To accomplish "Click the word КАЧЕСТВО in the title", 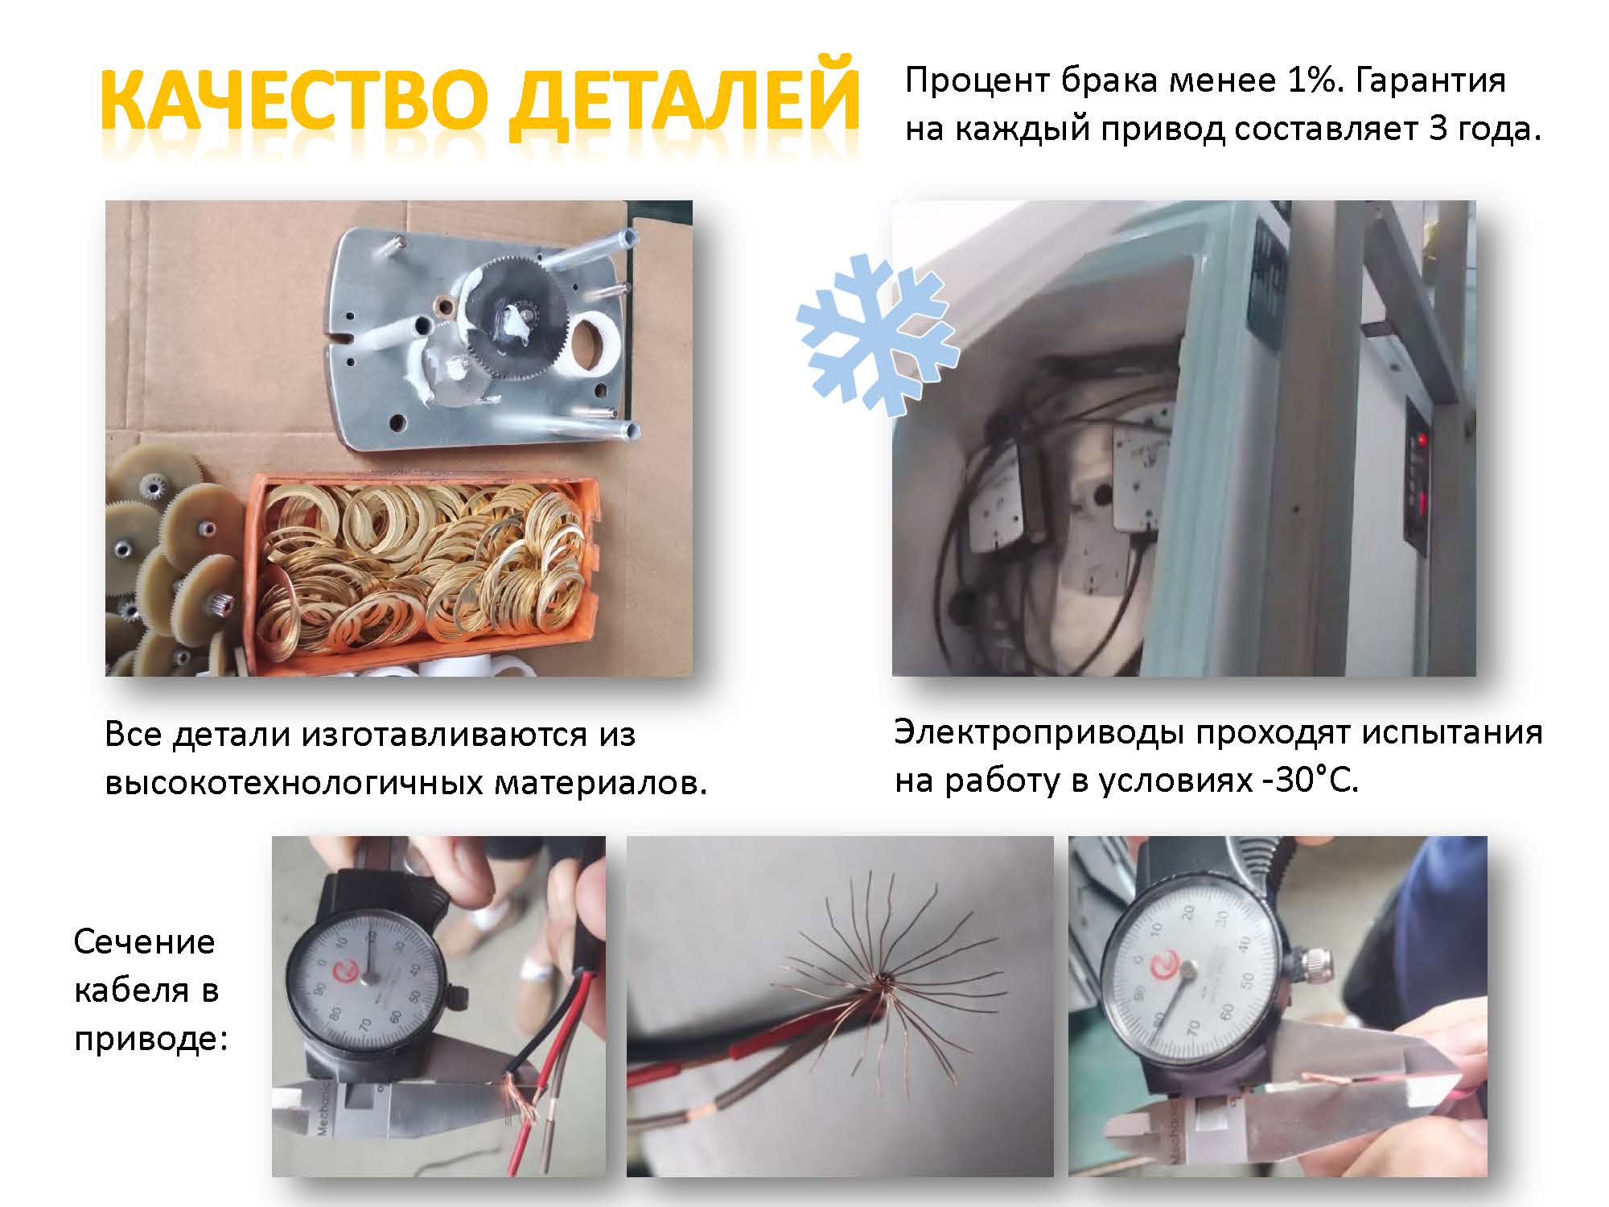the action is [294, 101].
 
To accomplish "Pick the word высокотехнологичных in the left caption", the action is [293, 782].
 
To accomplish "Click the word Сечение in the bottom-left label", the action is [145, 941].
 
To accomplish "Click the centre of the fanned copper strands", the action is [882, 980].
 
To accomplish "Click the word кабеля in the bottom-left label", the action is [147, 990].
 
